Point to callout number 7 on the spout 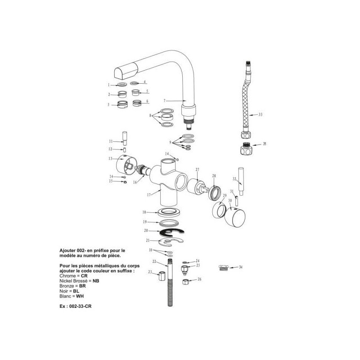tap(165, 100)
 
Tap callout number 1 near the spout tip tap(108, 84)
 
